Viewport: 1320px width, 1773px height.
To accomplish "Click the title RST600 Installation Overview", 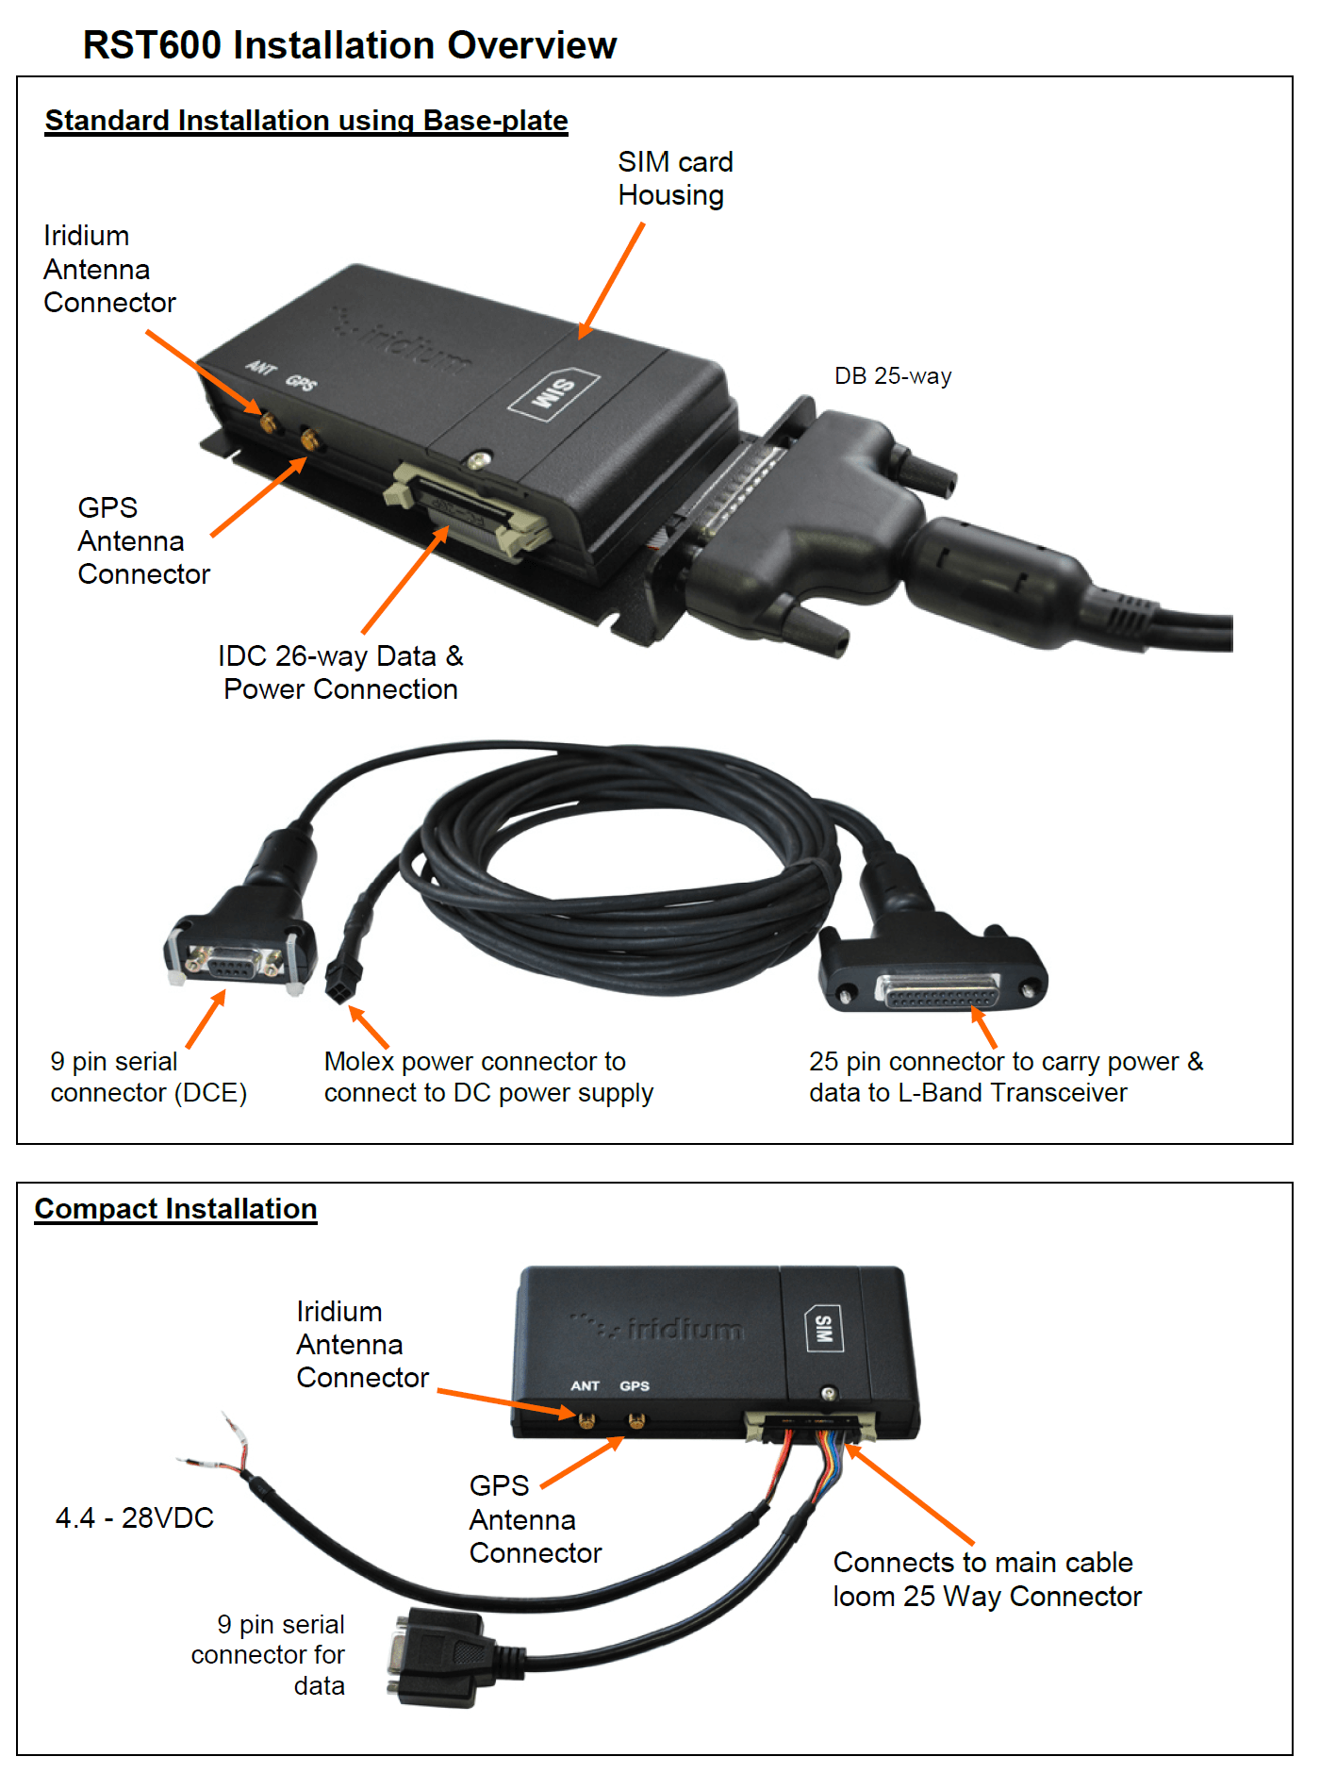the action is (x=350, y=44).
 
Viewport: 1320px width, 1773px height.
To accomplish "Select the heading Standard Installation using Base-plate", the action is (x=306, y=121).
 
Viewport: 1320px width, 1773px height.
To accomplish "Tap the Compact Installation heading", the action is (x=175, y=1209).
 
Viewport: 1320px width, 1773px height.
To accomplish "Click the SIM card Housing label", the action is (x=675, y=178).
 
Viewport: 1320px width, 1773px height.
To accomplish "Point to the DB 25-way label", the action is (x=893, y=376).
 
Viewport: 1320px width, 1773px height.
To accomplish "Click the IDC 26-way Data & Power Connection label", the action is (x=340, y=672).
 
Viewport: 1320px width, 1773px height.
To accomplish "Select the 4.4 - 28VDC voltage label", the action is (x=135, y=1517).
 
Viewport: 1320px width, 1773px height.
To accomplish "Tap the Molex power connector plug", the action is (x=338, y=983).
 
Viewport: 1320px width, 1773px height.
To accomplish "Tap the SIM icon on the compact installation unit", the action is (x=823, y=1329).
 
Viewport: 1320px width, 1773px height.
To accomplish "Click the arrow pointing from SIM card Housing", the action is (x=611, y=281).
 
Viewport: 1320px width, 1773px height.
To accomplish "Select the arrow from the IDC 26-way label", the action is (x=405, y=579).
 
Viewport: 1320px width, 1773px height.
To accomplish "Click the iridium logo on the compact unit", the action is (x=658, y=1328).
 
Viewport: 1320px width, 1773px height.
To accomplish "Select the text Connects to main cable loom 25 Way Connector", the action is (x=987, y=1580).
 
